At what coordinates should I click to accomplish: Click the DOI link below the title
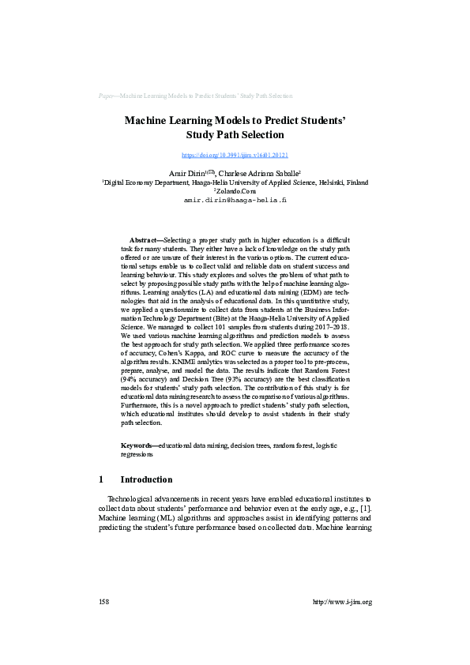[235, 156]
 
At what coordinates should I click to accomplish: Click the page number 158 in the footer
[103, 602]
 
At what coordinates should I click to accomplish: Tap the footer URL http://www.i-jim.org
[342, 602]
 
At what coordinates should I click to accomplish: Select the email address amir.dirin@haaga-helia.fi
[235, 201]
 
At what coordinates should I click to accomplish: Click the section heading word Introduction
[146, 479]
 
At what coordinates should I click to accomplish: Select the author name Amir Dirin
[185, 172]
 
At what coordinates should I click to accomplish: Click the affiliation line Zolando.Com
[235, 191]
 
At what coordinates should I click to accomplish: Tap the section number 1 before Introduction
[100, 479]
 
